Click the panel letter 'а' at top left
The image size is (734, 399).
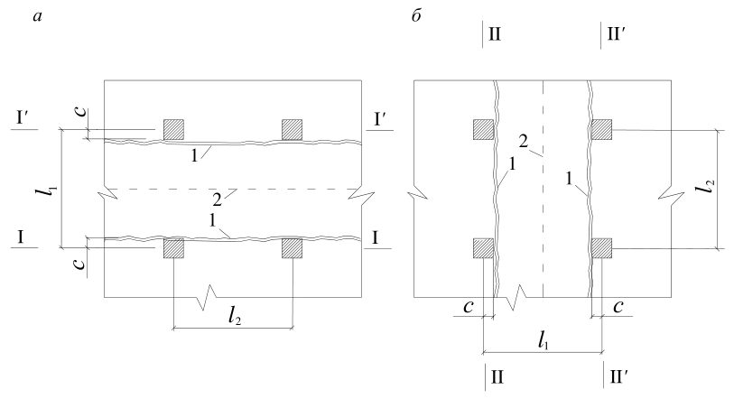click(38, 17)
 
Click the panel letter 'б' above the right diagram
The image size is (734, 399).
click(416, 16)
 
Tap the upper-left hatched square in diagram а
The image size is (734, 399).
click(173, 129)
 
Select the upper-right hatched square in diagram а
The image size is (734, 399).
click(292, 129)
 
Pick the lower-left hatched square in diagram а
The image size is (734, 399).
click(173, 248)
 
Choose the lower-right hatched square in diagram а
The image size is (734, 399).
click(292, 248)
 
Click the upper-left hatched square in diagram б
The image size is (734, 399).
click(483, 129)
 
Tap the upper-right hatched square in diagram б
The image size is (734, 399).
click(601, 129)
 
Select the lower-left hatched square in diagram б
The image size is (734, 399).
click(483, 248)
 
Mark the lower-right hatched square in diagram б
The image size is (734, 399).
click(601, 248)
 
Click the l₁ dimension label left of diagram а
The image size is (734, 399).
click(51, 190)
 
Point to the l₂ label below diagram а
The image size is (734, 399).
click(235, 317)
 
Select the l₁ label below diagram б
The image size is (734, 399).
click(543, 341)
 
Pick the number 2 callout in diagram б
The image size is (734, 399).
click(524, 142)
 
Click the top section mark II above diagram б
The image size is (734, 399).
click(495, 34)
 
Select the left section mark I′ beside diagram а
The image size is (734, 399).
click(23, 118)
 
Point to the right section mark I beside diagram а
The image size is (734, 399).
click(376, 238)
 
